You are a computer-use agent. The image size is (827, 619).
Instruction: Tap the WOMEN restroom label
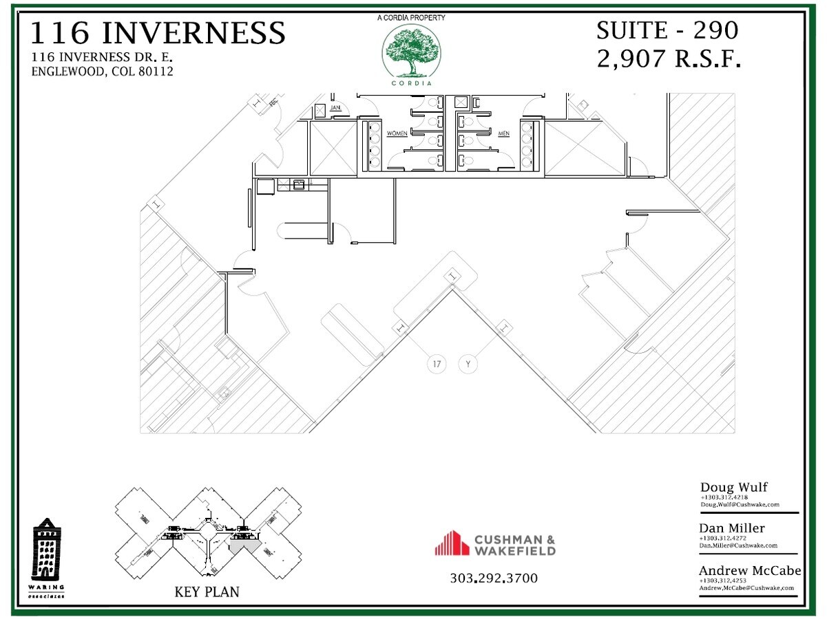click(397, 133)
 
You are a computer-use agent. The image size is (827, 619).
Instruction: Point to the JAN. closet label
click(336, 108)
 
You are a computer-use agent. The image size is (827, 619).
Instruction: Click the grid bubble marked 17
click(437, 363)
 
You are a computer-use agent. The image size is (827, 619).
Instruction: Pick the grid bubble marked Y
click(468, 363)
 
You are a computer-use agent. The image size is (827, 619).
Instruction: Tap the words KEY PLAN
click(207, 591)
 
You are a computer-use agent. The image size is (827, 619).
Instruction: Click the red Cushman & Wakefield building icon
click(452, 543)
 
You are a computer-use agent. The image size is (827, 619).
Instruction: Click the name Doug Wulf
click(733, 488)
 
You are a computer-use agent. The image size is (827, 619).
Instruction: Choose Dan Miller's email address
click(738, 545)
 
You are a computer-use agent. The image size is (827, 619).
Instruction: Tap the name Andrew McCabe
click(750, 570)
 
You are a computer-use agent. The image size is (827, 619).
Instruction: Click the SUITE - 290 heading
click(667, 30)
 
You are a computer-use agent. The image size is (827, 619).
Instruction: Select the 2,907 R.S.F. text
click(668, 59)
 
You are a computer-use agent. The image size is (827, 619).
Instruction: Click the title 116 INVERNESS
click(158, 33)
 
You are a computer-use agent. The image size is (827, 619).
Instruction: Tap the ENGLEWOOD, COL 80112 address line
click(102, 72)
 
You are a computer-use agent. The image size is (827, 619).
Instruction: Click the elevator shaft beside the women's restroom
click(333, 148)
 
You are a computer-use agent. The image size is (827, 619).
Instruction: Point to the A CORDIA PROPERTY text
click(411, 17)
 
